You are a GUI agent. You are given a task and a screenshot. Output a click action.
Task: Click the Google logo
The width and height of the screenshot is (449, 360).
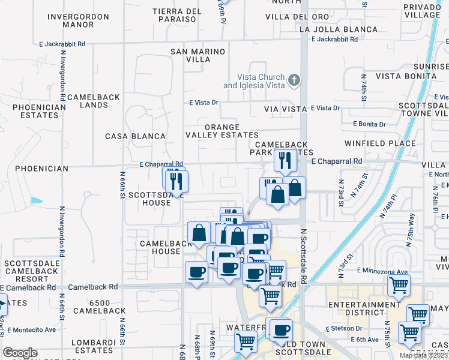(20, 353)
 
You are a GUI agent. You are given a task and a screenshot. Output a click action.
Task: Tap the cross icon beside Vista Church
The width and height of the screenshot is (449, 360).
(294, 80)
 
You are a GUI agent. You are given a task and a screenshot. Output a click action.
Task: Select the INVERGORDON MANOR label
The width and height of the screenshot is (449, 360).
(79, 21)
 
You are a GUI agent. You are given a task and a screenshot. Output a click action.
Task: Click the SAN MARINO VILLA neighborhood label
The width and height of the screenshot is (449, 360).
(198, 56)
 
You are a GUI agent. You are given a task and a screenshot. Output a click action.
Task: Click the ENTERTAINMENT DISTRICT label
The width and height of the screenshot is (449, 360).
(364, 309)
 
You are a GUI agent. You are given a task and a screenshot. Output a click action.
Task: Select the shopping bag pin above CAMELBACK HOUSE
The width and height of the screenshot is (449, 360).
(199, 233)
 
